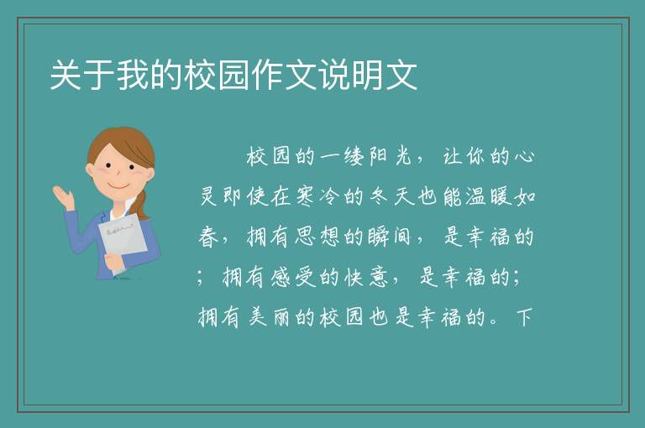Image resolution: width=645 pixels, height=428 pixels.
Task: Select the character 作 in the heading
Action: [267, 75]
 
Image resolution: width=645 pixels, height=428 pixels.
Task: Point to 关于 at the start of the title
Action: [82, 75]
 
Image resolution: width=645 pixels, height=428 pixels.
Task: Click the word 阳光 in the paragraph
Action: [391, 156]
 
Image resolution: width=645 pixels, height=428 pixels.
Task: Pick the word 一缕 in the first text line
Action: [341, 156]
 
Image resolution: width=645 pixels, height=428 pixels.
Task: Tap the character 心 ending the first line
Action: [524, 156]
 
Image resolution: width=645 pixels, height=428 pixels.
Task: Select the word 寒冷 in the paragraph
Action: [317, 196]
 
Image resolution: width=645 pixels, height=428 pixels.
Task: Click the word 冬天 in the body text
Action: [390, 196]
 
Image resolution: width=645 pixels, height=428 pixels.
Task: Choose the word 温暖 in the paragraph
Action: [488, 196]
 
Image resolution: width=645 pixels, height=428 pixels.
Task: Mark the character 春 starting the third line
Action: [208, 237]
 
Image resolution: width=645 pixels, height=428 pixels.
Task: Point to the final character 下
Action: [525, 317]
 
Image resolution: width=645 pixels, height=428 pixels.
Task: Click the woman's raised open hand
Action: [64, 197]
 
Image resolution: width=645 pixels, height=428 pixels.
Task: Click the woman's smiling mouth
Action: [118, 186]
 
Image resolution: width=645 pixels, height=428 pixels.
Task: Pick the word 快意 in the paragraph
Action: [366, 277]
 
